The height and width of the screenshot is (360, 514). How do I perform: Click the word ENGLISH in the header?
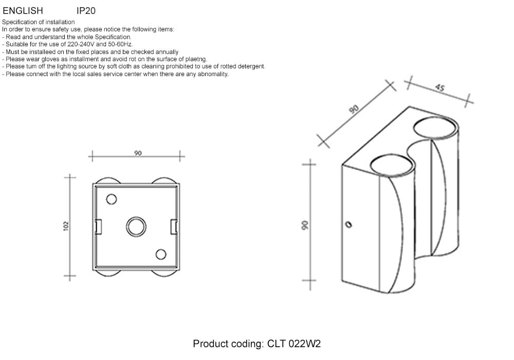[23, 11]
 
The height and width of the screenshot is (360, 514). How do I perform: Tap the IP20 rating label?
[86, 11]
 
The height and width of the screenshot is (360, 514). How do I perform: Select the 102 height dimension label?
[66, 226]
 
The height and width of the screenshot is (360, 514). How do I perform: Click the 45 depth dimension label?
[439, 87]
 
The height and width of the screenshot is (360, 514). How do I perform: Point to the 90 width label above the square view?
[138, 153]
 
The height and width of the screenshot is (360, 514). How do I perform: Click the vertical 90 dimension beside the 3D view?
[305, 225]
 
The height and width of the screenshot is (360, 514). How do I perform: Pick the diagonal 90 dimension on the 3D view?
[354, 109]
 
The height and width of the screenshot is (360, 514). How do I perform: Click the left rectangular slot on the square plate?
[98, 227]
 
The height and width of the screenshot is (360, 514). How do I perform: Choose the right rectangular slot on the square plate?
[174, 227]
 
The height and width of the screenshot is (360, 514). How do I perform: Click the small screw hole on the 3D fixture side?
[349, 225]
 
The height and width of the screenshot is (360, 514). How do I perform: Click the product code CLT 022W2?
[294, 344]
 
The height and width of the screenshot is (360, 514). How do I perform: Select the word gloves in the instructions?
[50, 59]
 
